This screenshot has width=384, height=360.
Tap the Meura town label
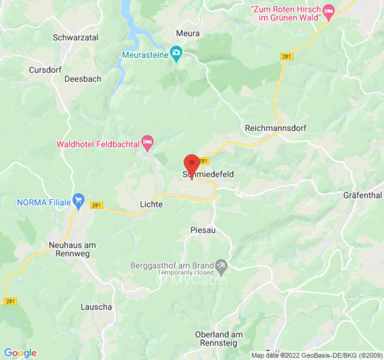[x=188, y=34]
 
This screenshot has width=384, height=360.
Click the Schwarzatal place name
[x=76, y=38]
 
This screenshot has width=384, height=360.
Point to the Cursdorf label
[x=44, y=70]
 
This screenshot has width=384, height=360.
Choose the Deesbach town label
[x=83, y=79]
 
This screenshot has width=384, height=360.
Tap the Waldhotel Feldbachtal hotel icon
[x=147, y=143]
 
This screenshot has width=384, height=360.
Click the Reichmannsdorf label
[x=276, y=128]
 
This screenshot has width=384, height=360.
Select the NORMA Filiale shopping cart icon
[x=79, y=201]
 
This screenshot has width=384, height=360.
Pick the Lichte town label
[x=151, y=204]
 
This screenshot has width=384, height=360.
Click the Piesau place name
[x=203, y=230]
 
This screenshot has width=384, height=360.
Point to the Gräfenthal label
[x=362, y=195]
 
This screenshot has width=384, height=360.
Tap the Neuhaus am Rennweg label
[x=72, y=249]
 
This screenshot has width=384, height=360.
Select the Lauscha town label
[x=96, y=307]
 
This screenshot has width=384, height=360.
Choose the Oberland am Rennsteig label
[x=219, y=338]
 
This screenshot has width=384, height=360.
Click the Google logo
[x=20, y=353]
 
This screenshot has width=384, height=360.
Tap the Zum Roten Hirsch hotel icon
[x=330, y=12]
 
